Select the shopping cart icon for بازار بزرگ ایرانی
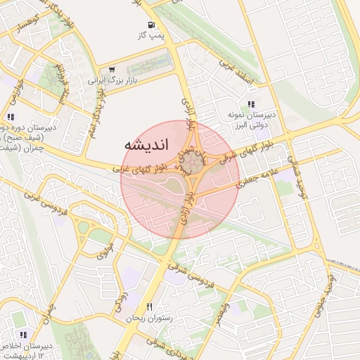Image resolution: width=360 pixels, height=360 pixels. coord(112,70)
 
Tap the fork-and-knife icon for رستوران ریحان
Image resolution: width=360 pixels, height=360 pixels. coord(149,307)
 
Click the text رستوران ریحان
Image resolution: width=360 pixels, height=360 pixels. coord(148,319)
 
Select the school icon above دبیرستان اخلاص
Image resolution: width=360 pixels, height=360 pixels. coord(23,335)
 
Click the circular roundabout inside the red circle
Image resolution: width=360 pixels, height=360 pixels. coord(191,166)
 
